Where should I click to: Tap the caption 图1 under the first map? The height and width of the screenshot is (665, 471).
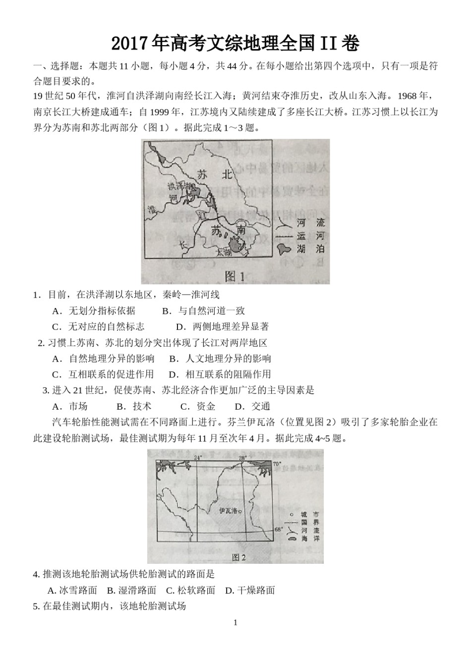(x=235, y=276)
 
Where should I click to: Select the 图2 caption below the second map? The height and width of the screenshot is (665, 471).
(x=238, y=557)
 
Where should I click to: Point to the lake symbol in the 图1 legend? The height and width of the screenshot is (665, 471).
(x=284, y=248)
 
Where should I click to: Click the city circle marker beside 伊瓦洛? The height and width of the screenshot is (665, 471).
(x=240, y=511)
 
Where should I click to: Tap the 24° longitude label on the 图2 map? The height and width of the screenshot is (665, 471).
(x=198, y=458)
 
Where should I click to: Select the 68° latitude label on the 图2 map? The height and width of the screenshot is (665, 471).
(x=279, y=530)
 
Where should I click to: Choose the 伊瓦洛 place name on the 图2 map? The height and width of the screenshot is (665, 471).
(x=228, y=511)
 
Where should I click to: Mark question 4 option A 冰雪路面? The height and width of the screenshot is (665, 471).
(x=72, y=590)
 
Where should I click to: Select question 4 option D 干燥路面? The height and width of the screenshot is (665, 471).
(x=250, y=590)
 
